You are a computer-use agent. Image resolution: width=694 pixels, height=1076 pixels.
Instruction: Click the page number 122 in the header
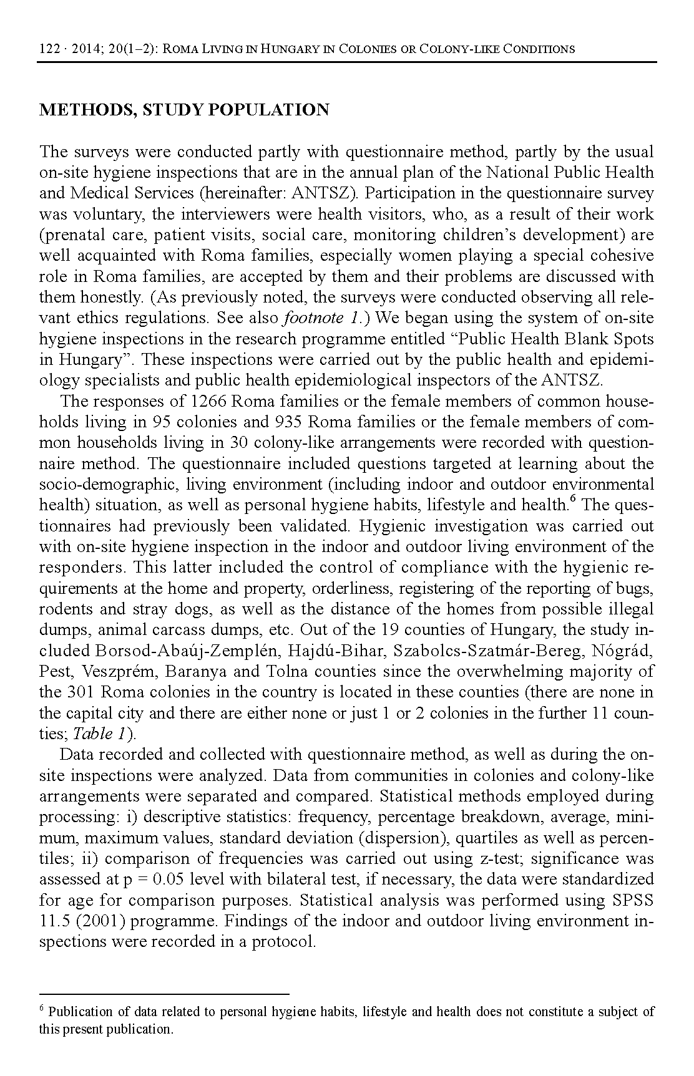point(48,49)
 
